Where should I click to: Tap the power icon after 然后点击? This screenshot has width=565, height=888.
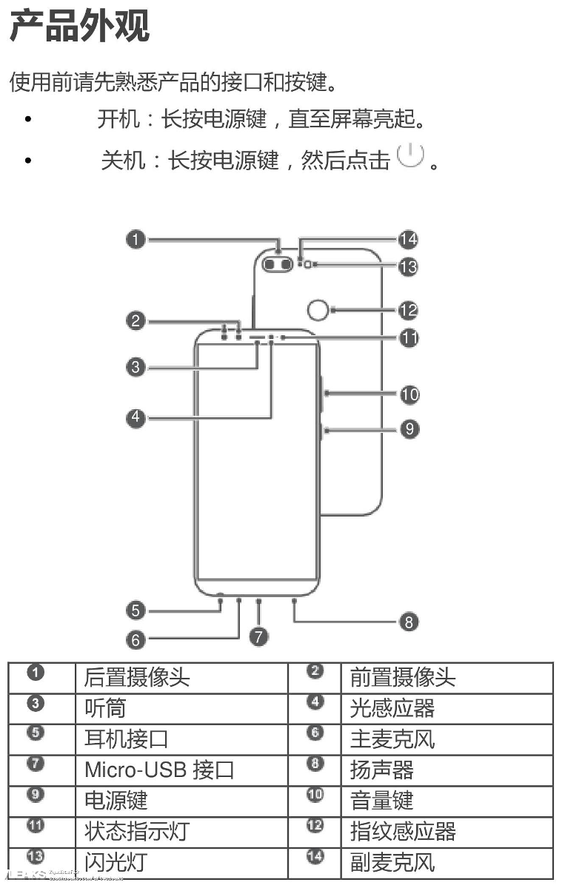(410, 155)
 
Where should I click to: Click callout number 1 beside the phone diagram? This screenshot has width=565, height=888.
(135, 239)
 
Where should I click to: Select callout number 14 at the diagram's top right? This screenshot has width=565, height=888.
(407, 239)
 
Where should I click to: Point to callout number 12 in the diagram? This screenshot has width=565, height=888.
(408, 310)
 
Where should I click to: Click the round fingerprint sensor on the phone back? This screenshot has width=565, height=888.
(316, 311)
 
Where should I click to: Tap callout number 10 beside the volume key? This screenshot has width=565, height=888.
(409, 394)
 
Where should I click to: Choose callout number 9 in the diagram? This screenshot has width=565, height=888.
(409, 428)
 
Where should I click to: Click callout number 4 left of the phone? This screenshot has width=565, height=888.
(135, 417)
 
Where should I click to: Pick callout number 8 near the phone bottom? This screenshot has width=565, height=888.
(409, 621)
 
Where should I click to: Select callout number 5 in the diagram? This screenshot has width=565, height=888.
(135, 610)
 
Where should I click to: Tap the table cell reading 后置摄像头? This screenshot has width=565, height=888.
(137, 677)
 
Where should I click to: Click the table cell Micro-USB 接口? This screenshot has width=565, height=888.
(159, 770)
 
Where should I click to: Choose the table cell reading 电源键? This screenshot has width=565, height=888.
(116, 801)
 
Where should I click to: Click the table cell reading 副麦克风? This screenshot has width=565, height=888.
(392, 863)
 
